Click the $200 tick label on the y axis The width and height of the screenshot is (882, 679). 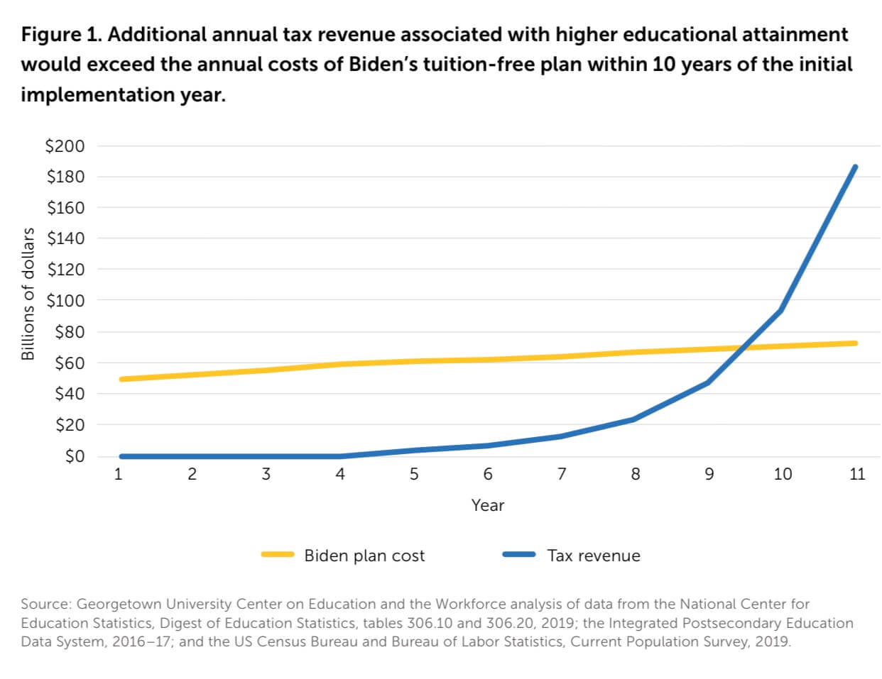[x=65, y=146]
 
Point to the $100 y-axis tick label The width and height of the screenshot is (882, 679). [x=65, y=301]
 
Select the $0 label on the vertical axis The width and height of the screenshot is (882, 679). [x=74, y=456]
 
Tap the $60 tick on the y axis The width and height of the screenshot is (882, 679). [x=69, y=363]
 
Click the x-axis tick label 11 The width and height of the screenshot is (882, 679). [x=857, y=475]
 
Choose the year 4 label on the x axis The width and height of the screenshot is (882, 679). [x=340, y=475]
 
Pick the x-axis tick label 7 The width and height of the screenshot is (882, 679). [x=562, y=475]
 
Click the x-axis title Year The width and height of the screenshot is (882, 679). [x=488, y=505]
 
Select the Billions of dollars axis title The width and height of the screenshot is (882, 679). [x=28, y=294]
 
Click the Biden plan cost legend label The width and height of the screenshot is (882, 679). [x=364, y=556]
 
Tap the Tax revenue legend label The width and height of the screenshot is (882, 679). [x=594, y=556]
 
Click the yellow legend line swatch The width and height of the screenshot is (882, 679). [x=278, y=555]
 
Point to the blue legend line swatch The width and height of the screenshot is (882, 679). [x=519, y=555]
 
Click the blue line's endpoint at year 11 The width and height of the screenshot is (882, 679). [x=855, y=167]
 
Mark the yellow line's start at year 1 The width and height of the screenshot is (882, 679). [x=121, y=379]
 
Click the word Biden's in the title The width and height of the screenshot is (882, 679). [x=384, y=65]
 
